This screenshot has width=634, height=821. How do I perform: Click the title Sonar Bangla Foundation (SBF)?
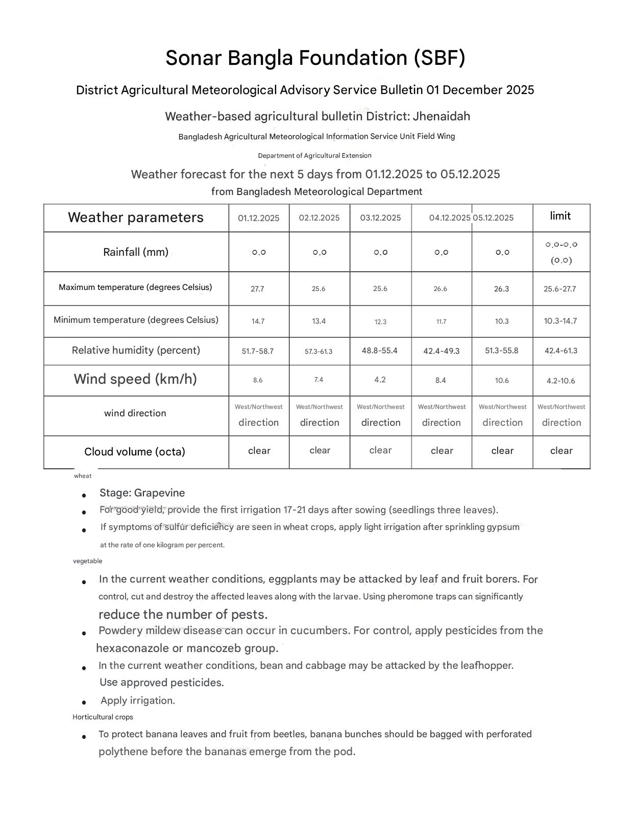(x=315, y=58)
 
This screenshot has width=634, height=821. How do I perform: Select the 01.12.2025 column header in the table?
(x=258, y=218)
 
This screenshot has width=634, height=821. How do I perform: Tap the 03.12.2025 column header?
(x=380, y=218)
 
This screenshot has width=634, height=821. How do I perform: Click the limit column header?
(x=560, y=216)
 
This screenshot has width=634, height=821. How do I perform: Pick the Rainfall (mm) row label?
(x=136, y=252)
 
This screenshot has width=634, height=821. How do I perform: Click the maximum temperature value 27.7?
(x=257, y=289)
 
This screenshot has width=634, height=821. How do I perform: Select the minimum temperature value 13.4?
(x=319, y=321)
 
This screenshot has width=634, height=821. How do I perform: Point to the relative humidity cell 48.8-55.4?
(x=379, y=351)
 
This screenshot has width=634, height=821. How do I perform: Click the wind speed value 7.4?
(x=319, y=380)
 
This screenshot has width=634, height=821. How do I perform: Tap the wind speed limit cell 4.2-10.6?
(x=560, y=381)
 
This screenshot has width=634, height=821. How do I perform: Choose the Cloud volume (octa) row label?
(x=135, y=452)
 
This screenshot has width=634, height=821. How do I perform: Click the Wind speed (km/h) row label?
(x=135, y=379)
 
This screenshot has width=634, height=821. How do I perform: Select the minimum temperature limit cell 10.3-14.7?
(x=560, y=321)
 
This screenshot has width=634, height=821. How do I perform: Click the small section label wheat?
(x=83, y=476)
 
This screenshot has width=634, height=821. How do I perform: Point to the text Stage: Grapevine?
(x=142, y=493)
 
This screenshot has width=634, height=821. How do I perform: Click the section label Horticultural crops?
(x=103, y=717)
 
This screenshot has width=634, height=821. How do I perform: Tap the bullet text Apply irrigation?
(x=138, y=701)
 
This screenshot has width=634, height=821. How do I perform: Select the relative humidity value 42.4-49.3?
(x=441, y=351)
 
